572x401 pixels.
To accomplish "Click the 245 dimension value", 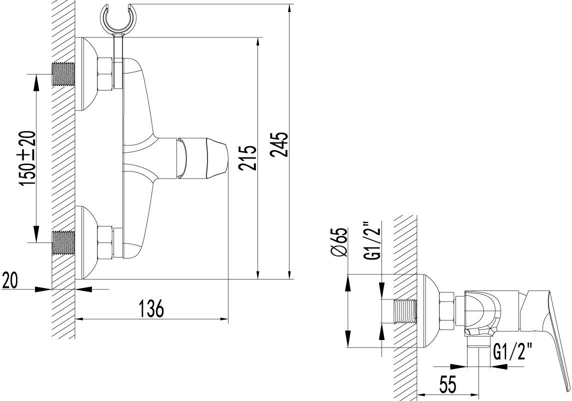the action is (280, 145).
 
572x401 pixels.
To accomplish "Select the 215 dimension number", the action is (248, 157).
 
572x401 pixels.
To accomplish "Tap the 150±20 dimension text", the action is (28, 158).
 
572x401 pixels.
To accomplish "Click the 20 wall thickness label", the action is (10, 281).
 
